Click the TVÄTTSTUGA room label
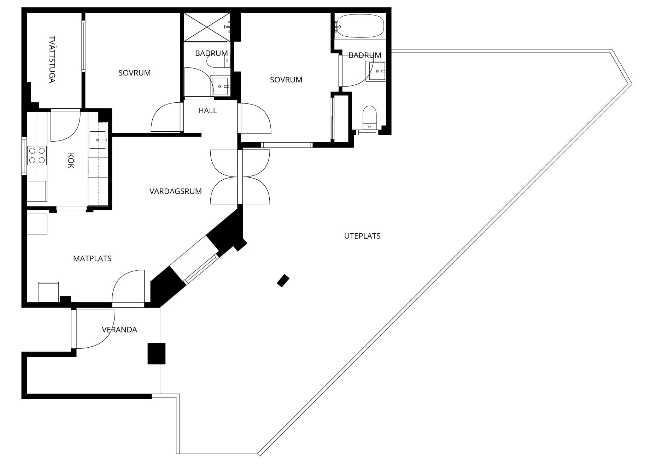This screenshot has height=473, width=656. [x=52, y=59]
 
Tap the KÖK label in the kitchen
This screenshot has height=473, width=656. [x=71, y=161]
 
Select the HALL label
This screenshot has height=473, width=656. [x=207, y=110]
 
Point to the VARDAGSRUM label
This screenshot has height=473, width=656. [x=175, y=191]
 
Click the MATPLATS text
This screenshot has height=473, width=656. [x=92, y=258]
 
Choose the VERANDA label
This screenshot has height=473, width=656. [x=119, y=330]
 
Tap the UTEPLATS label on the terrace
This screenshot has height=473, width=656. [x=362, y=236]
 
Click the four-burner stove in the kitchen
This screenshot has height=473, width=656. [x=37, y=155]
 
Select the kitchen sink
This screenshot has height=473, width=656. [x=98, y=140]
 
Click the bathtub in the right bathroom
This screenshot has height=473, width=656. [x=360, y=26]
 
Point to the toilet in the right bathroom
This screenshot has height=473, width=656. [x=370, y=118]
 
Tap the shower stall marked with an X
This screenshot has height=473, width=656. [x=207, y=27]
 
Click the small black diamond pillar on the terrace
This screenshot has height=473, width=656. [x=283, y=281]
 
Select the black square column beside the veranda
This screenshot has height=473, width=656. [x=156, y=353]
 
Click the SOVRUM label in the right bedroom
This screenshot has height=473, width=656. [x=286, y=80]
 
